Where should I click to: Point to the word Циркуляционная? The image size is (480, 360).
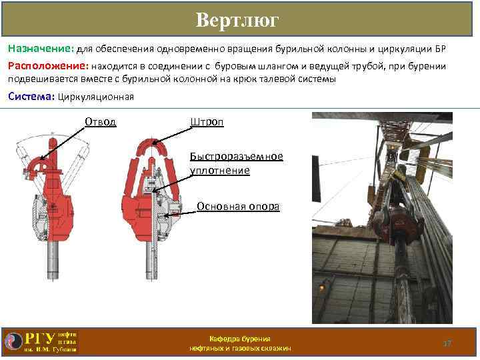(x=96, y=97)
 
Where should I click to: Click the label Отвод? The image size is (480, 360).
(x=101, y=121)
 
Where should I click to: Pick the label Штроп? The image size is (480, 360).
(x=207, y=121)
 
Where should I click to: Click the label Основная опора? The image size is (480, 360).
(x=238, y=206)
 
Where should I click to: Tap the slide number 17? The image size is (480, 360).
(x=447, y=343)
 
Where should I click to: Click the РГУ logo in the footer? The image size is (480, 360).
(x=40, y=341)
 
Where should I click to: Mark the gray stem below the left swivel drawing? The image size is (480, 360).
(x=53, y=260)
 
